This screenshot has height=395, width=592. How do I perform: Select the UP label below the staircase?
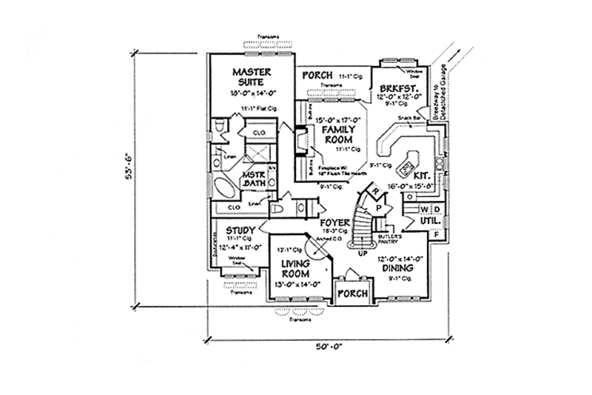(362, 253)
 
